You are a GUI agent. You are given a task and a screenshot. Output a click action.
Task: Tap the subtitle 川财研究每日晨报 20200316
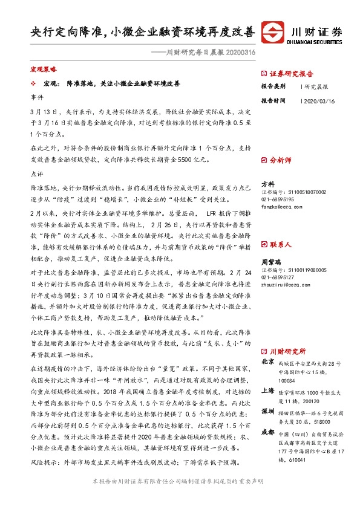click(x=201, y=53)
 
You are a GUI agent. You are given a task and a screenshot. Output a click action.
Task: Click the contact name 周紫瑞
click(x=270, y=263)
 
